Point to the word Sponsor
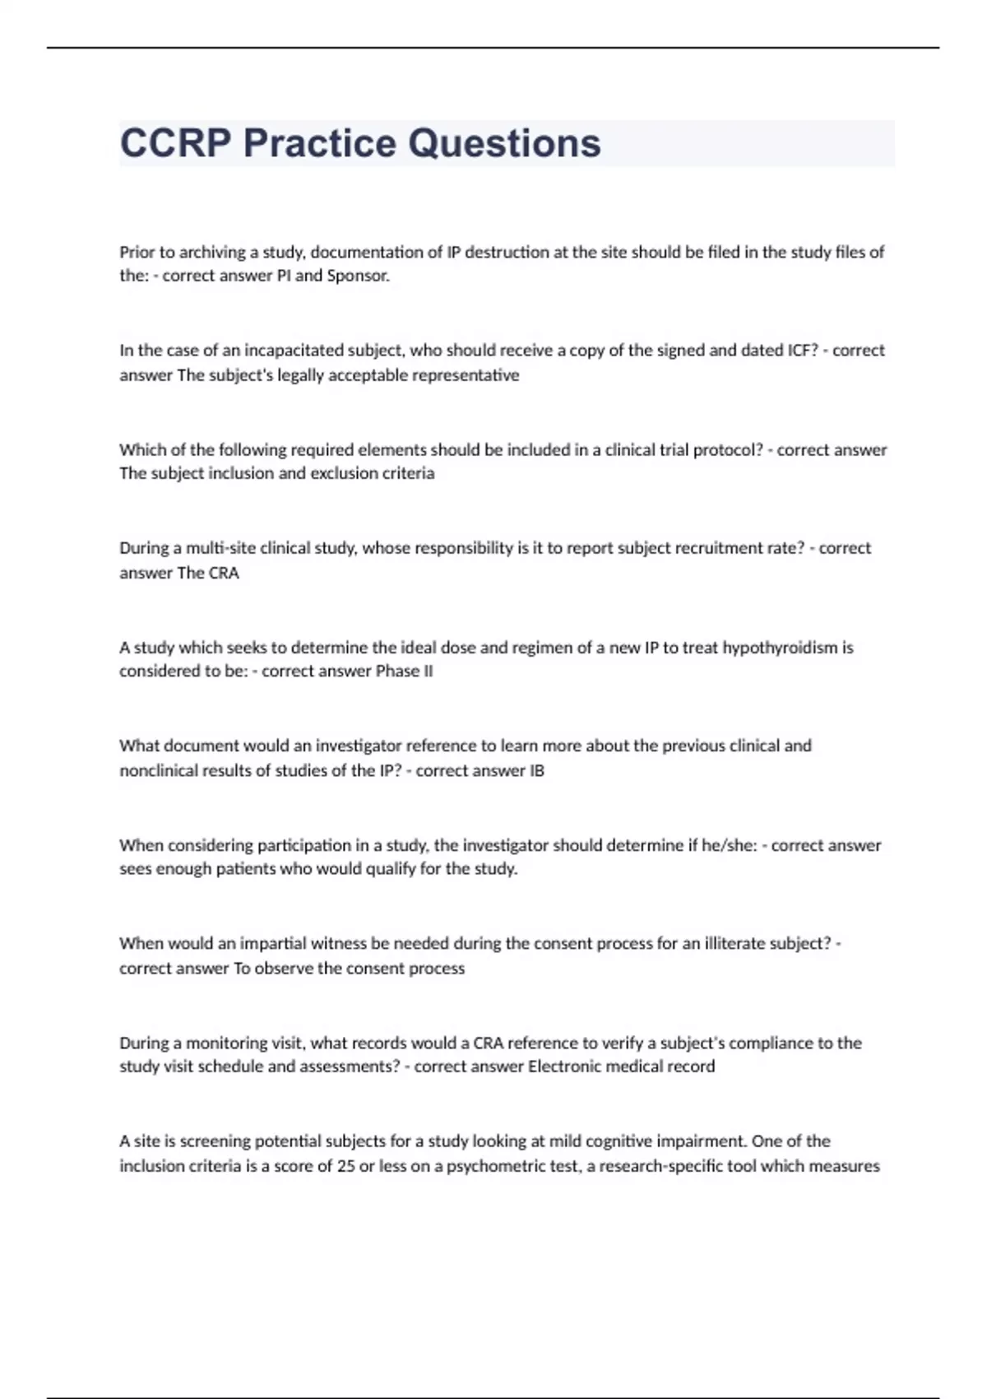point(358,276)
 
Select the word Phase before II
point(397,672)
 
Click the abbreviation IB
point(536,771)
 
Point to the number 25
point(345,1166)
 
